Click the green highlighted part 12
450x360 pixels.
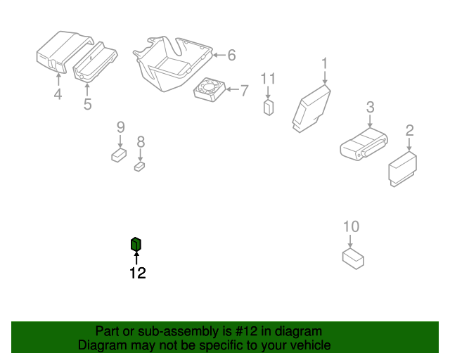(x=136, y=244)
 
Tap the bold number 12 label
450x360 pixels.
(x=138, y=273)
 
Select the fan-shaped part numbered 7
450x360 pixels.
(x=210, y=89)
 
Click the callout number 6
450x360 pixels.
(x=231, y=55)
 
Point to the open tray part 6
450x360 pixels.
(x=172, y=64)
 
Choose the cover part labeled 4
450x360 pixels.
(x=65, y=52)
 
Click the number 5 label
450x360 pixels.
(x=87, y=104)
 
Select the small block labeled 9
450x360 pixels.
(x=119, y=155)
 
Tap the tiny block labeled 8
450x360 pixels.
(x=139, y=167)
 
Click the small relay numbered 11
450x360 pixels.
(x=269, y=108)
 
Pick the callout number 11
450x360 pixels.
(x=268, y=78)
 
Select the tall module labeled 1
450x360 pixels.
(x=311, y=108)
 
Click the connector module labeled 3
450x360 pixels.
(x=364, y=144)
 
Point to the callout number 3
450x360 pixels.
(x=371, y=107)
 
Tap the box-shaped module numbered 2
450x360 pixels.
(x=402, y=169)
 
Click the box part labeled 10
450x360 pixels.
(x=353, y=259)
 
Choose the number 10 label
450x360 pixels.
(x=351, y=226)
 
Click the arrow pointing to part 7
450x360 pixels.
(x=233, y=89)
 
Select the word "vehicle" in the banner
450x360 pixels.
(x=311, y=345)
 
